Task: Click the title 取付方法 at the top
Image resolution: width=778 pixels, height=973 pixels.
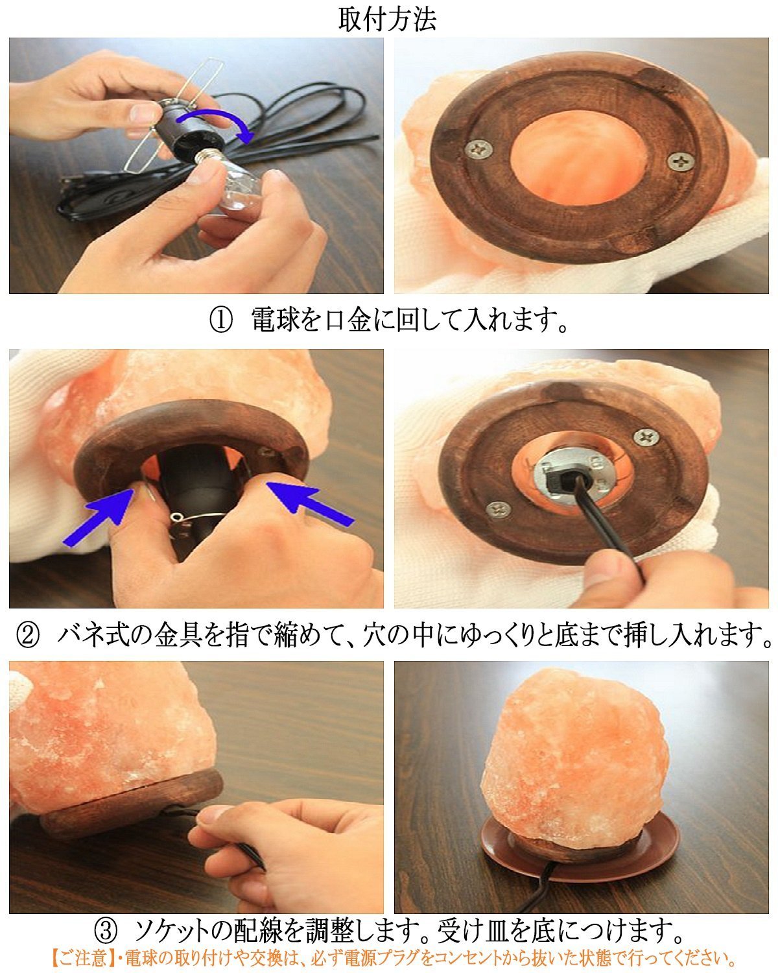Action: (388, 20)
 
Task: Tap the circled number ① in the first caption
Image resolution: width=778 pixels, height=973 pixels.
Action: (221, 320)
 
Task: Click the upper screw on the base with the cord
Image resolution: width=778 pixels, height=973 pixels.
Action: (646, 437)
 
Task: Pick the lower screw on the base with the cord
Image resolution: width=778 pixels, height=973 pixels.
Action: (499, 509)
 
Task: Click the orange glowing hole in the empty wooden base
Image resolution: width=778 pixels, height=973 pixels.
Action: (579, 155)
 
